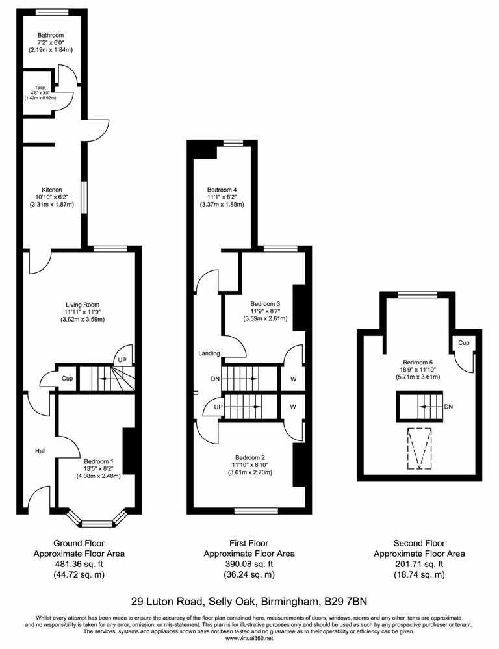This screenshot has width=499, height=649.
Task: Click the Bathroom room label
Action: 50,35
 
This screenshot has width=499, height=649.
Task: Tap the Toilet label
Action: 31,86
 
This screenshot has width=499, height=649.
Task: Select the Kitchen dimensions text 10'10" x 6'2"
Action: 50,197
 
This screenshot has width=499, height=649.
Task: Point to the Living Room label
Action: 82,304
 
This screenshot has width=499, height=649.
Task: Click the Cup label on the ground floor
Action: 67,378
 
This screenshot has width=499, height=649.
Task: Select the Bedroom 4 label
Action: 222,189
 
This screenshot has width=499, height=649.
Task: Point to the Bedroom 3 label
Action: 265,303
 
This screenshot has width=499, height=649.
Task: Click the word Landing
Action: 209,354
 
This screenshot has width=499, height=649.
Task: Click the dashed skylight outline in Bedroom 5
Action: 418,449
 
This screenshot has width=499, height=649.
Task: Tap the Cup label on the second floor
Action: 463,342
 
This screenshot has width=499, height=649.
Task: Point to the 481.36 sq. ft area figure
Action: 79,564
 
